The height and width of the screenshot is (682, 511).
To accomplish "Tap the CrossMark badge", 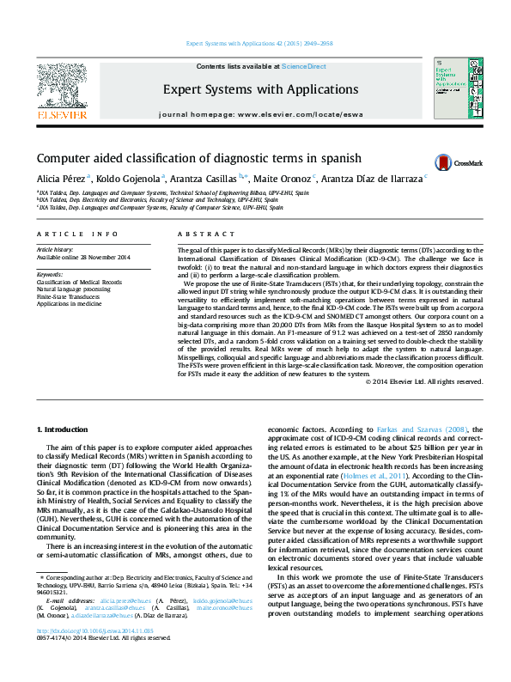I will click(458, 162).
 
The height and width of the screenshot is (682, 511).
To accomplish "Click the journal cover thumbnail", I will click(453, 88).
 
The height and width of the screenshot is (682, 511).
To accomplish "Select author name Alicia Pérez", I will click(59, 179).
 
